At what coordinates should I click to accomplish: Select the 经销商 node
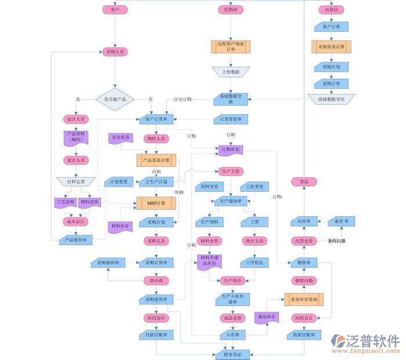coord(231,9)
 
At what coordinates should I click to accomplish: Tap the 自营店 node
coord(331,9)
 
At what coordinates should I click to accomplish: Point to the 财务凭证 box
coord(231,354)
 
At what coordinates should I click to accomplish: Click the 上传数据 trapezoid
coord(231,72)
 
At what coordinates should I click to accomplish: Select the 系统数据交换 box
coord(231,99)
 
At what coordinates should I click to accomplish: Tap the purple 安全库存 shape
coord(121,139)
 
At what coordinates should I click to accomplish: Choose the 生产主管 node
coord(231,171)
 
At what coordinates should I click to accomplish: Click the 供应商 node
coord(156,281)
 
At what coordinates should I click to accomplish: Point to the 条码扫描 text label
coord(336,241)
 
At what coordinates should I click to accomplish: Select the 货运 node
coord(304,181)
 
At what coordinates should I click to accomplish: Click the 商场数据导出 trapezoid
coord(331,99)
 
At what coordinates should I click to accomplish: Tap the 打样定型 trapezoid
coord(76,181)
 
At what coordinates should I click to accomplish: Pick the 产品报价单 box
coord(76,239)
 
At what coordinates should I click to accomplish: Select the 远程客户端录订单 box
coord(231,46)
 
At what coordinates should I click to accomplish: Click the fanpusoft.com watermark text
coord(365,351)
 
